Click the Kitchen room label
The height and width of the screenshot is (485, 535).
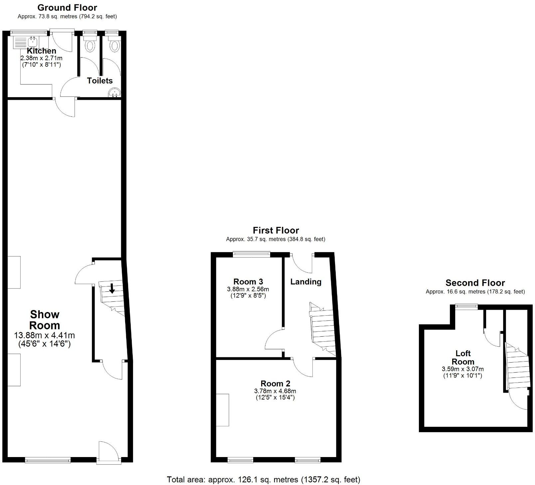pyautogui.click(x=41, y=51)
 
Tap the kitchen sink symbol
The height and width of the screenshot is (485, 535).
pyautogui.click(x=33, y=42)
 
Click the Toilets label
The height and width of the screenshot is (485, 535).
pyautogui.click(x=100, y=81)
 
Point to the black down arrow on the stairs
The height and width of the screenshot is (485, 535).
pyautogui.click(x=112, y=288)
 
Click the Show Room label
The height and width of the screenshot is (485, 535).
pyautogui.click(x=45, y=320)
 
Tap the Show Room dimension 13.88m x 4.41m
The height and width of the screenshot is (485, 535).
pyautogui.click(x=44, y=335)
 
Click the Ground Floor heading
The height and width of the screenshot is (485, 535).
pyautogui.click(x=67, y=8)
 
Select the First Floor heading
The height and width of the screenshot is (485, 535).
pyautogui.click(x=276, y=230)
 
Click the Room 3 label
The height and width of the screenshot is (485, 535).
pyautogui.click(x=248, y=281)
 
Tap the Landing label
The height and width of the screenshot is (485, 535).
pyautogui.click(x=306, y=282)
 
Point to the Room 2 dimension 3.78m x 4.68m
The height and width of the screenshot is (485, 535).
pyautogui.click(x=275, y=391)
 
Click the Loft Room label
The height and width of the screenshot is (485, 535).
pyautogui.click(x=463, y=357)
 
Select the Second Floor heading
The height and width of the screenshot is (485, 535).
pyautogui.click(x=475, y=283)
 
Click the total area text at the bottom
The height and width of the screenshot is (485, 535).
pyautogui.click(x=264, y=479)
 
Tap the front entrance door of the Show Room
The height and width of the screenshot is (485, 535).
pyautogui.click(x=109, y=453)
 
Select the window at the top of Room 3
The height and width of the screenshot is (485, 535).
pyautogui.click(x=251, y=254)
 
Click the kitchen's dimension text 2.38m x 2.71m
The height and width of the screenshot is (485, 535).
pyautogui.click(x=41, y=58)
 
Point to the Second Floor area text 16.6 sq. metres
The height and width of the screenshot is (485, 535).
pyautogui.click(x=475, y=292)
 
